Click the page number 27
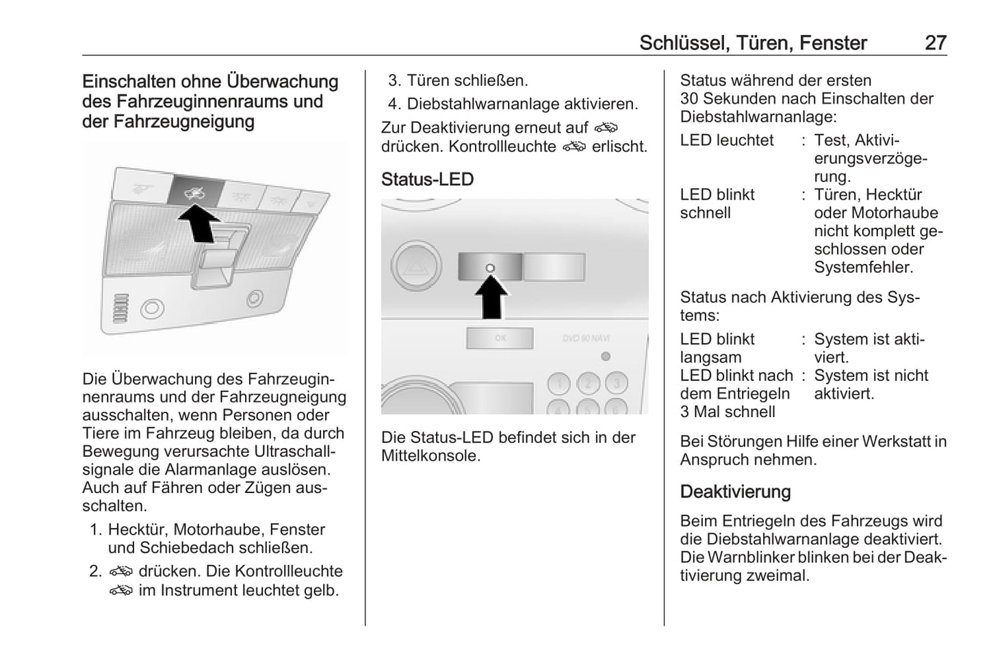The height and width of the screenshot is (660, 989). (x=935, y=42)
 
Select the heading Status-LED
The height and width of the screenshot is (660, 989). (x=427, y=179)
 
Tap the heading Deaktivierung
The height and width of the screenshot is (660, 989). (x=735, y=492)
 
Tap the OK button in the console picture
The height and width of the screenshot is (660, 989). (x=500, y=338)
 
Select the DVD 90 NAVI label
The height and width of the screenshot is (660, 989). (x=586, y=338)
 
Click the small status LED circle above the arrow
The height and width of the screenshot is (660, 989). (x=490, y=267)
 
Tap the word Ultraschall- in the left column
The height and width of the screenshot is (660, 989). (x=295, y=451)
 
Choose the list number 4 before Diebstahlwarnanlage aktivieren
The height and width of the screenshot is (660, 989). (x=393, y=104)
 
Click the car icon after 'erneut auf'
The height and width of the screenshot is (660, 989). (x=606, y=128)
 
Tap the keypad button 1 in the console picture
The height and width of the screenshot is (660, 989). (x=559, y=384)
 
